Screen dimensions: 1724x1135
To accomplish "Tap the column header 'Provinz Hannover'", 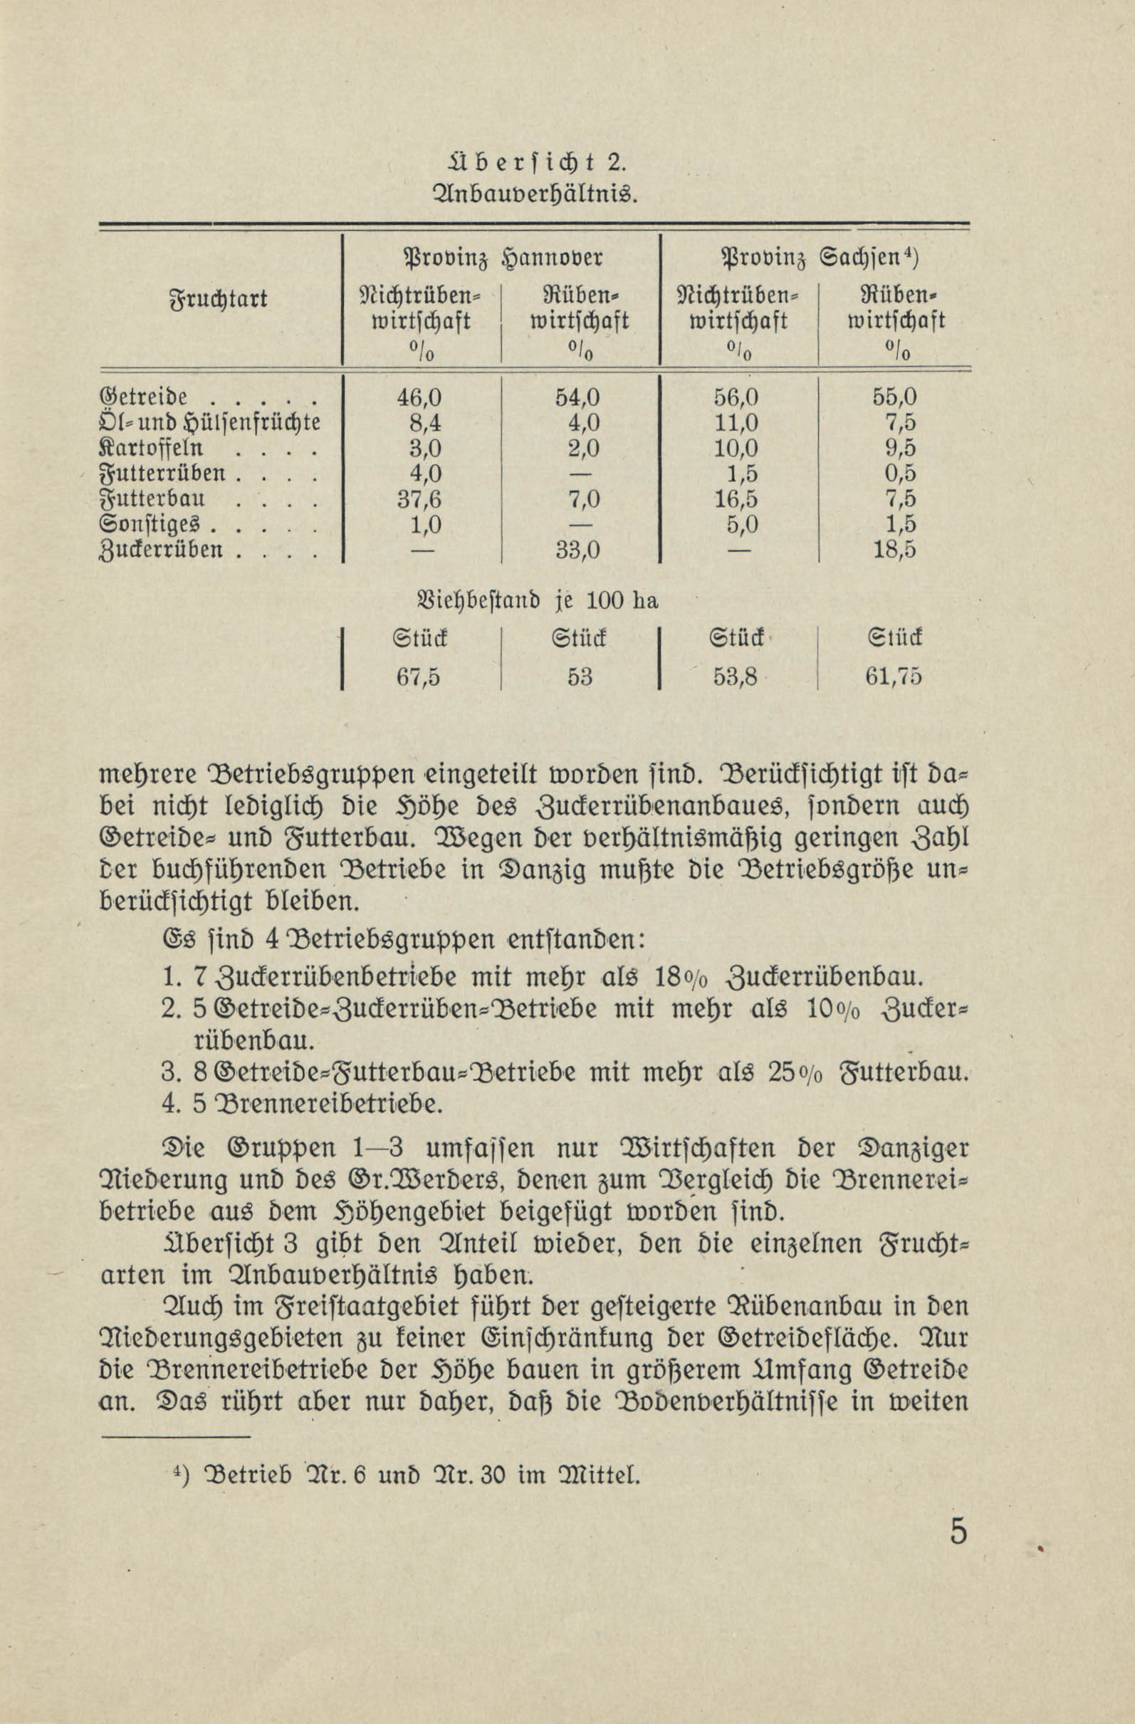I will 502,258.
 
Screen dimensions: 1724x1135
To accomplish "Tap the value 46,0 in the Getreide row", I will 419,397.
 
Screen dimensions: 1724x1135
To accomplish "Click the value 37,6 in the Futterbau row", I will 419,500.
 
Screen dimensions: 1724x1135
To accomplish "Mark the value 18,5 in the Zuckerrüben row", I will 894,550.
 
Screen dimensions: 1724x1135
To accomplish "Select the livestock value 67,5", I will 419,676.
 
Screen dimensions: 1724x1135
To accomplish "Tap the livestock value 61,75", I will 894,676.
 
